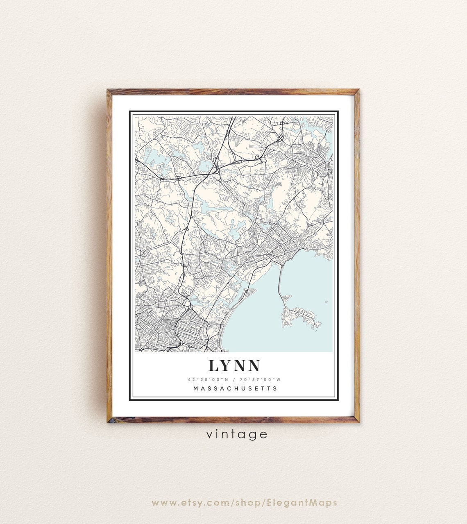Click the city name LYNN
[x=234, y=365]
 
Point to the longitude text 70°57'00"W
[x=263, y=379]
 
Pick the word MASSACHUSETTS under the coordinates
[x=235, y=388]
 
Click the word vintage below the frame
[x=237, y=434]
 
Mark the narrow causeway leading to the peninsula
[x=280, y=283]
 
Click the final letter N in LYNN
[x=253, y=365]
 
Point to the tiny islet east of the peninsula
[x=326, y=302]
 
